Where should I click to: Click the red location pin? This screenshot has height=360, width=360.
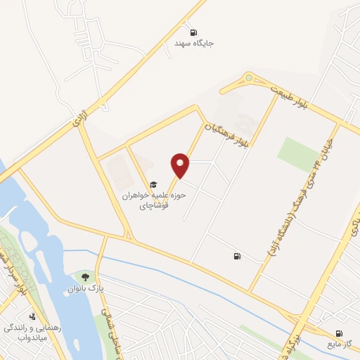(x=181, y=165)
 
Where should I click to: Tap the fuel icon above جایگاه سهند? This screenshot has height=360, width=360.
(x=193, y=32)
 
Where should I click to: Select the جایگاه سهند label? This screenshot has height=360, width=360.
(x=194, y=44)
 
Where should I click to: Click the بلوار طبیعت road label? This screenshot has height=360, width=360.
(x=289, y=96)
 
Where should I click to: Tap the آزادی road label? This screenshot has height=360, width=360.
(x=78, y=118)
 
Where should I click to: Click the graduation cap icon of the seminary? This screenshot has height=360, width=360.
(x=153, y=185)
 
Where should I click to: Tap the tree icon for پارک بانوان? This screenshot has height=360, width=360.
(x=86, y=276)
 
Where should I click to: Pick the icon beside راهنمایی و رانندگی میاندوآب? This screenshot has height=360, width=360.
(x=32, y=316)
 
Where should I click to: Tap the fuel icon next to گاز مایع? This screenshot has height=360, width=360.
(x=340, y=333)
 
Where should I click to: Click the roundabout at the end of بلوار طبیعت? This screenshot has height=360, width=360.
(x=248, y=79)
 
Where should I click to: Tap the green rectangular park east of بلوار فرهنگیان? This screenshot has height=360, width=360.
(x=297, y=153)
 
